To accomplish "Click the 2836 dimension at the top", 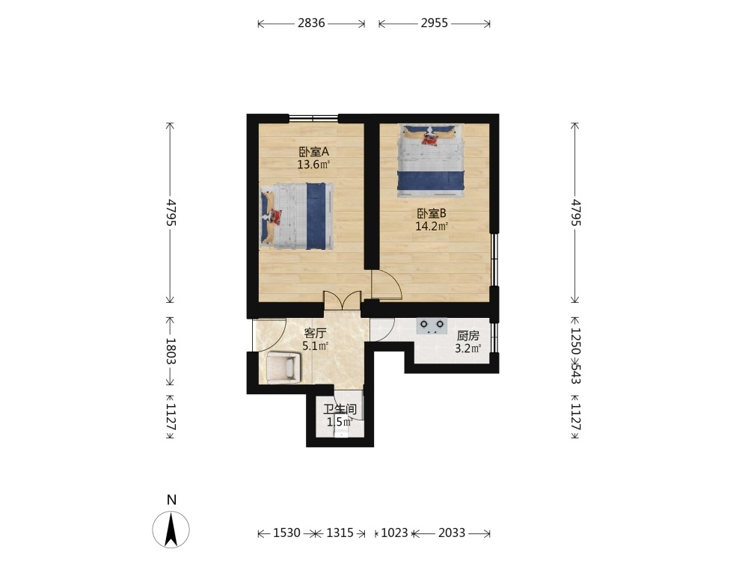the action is point(311,23).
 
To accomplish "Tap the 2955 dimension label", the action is point(434,23).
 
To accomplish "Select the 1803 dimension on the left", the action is point(171,351).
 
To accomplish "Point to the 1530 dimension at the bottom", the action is point(286,533).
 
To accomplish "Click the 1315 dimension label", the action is point(340,533).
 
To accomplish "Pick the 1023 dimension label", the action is point(394,533).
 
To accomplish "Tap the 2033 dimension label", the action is point(451,533).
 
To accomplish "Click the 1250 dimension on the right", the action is point(576,340).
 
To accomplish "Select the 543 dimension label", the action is point(576,374).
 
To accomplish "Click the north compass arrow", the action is point(171,530).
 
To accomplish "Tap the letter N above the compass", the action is point(172,500).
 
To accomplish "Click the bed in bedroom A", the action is point(296,216).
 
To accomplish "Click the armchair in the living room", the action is point(283,367).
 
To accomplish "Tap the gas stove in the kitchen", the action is point(432,326).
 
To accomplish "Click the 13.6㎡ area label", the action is point(313,165).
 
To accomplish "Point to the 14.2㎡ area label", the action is point(432,226).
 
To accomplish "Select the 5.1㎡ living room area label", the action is point(316,346).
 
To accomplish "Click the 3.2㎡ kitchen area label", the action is point(467,349).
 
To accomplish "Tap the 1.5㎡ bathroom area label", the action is point(340,422).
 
